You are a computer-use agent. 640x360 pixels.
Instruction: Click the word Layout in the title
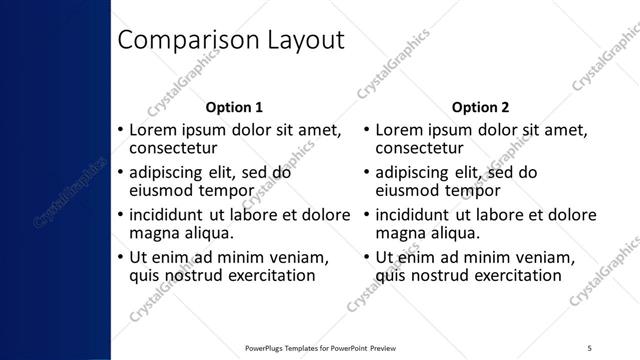coord(301,40)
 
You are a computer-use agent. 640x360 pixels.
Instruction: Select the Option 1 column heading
coord(234,107)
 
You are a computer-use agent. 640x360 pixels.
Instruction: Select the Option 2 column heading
coord(480,107)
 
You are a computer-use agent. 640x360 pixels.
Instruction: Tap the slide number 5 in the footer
coord(590,346)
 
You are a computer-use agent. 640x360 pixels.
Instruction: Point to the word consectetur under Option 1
coord(174,149)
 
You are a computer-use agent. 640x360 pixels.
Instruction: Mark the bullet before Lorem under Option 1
coord(120,131)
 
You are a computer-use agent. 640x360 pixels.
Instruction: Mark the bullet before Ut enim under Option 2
coord(366,258)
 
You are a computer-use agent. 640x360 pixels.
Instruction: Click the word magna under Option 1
coord(156,233)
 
